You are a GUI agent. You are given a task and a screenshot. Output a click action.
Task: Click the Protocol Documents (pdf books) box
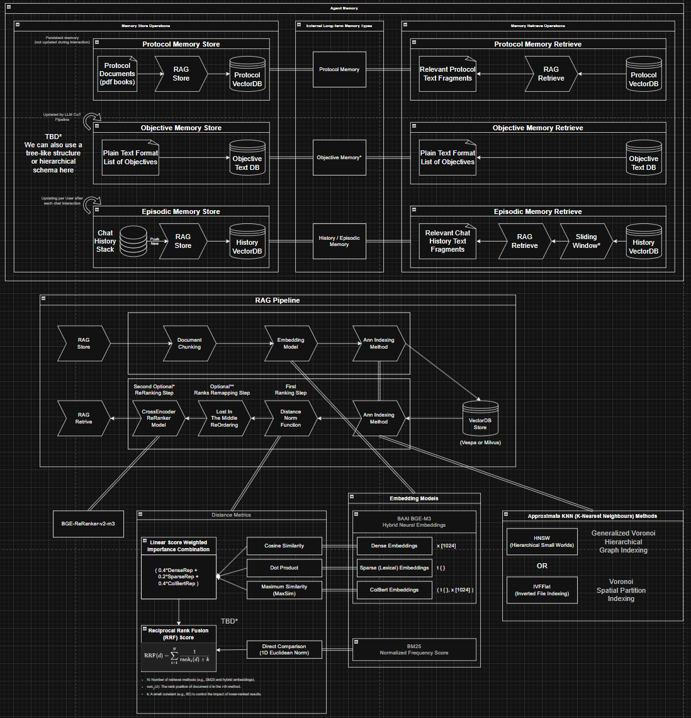click(117, 74)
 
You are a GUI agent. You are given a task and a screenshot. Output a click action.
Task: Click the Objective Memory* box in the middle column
click(339, 157)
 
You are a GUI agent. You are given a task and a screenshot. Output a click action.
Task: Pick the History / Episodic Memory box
click(339, 241)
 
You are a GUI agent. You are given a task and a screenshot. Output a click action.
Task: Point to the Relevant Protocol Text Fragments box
click(447, 74)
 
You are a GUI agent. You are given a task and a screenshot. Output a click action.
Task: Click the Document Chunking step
click(189, 343)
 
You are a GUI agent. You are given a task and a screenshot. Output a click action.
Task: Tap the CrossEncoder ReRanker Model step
click(159, 418)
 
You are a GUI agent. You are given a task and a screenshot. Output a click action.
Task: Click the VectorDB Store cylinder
click(480, 419)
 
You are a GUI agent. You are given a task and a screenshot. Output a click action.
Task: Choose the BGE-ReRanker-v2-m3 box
click(88, 524)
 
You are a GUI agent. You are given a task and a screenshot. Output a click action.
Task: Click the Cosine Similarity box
click(284, 546)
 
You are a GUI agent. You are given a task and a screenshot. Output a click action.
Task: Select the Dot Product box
click(284, 568)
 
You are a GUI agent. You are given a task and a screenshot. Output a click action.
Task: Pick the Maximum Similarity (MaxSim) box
click(284, 590)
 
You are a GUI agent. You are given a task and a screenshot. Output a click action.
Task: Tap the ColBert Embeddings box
click(395, 590)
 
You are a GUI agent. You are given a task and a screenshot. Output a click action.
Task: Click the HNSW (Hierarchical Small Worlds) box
click(542, 542)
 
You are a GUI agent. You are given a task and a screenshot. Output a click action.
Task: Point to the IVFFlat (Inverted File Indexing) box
click(542, 590)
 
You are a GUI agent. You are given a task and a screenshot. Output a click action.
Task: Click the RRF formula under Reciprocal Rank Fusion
click(178, 656)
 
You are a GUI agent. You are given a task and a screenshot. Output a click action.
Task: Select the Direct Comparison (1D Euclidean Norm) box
click(284, 649)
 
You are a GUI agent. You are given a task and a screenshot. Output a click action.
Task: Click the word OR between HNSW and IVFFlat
click(542, 566)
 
